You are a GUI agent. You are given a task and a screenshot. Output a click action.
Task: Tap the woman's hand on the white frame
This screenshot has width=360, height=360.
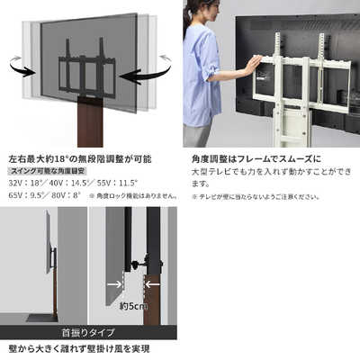pyautogui.click(x=254, y=64)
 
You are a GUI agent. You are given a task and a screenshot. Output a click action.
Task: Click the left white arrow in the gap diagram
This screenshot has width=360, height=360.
pyautogui.click(x=115, y=284)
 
